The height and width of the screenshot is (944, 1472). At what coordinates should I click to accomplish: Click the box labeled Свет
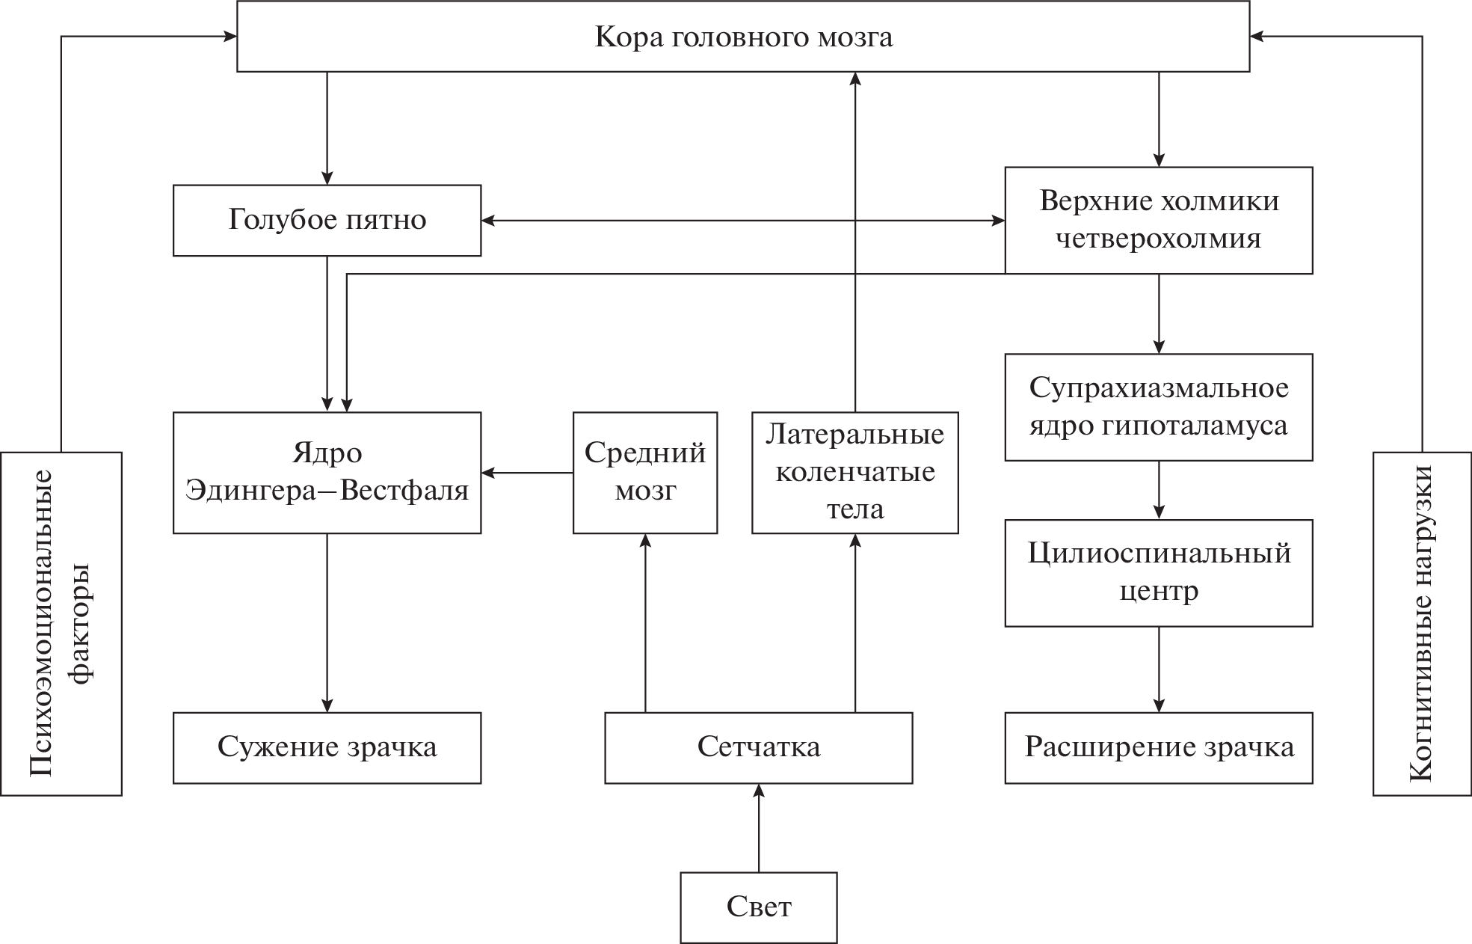pos(758,907)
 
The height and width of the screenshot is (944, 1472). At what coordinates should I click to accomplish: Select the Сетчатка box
pos(758,747)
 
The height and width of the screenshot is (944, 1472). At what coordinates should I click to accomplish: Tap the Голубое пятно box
pos(327,220)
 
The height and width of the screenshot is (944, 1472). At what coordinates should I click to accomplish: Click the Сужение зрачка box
pos(327,747)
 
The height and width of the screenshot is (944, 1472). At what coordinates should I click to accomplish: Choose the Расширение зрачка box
pos(1158,747)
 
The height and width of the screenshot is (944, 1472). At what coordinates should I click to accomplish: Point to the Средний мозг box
pos(644,472)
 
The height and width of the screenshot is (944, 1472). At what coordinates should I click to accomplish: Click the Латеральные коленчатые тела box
pos(854,472)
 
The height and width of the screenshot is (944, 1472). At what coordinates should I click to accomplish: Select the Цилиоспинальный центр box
pos(1158,572)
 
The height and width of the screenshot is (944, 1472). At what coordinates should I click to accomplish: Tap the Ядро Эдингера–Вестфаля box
pos(327,472)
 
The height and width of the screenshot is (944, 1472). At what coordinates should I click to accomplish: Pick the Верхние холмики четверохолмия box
pos(1158,220)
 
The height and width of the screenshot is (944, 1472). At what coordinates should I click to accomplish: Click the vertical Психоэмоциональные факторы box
pos(61,623)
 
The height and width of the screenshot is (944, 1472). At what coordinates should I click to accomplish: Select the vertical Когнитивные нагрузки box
pos(1421,623)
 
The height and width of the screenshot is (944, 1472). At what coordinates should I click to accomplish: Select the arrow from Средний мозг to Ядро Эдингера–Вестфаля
pos(527,473)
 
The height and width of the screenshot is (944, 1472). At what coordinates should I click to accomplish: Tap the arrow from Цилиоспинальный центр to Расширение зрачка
pos(1159,669)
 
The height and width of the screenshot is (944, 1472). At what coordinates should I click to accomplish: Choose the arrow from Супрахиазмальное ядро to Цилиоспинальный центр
pos(1159,490)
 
